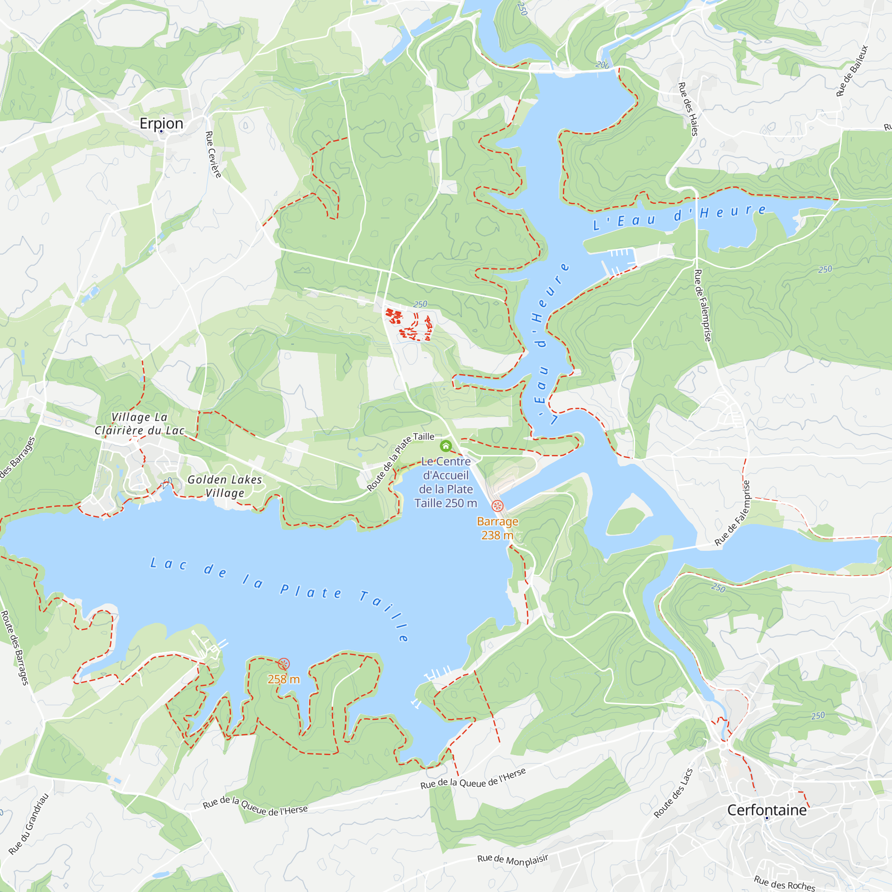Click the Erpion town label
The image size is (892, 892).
(x=161, y=123)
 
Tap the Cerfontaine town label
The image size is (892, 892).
(x=767, y=810)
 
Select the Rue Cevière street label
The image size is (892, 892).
(x=213, y=154)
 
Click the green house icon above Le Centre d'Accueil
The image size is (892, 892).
(x=446, y=446)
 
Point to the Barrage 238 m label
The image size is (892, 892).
(x=497, y=528)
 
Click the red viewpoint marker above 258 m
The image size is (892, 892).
(x=284, y=665)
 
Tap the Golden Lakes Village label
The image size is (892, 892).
(x=225, y=486)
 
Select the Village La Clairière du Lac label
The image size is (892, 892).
(x=140, y=424)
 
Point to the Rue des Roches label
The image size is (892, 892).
(x=785, y=882)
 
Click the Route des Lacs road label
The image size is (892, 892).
(x=673, y=793)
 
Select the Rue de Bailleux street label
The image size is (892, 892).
(x=852, y=70)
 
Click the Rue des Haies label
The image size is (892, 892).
(x=688, y=109)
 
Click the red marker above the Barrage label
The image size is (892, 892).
(x=497, y=506)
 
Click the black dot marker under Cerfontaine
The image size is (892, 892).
(x=767, y=818)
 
